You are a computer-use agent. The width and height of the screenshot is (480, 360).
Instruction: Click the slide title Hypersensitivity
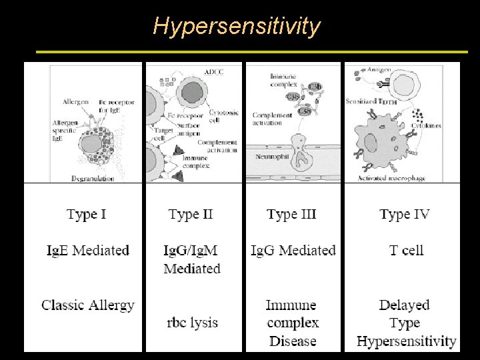coord(237,26)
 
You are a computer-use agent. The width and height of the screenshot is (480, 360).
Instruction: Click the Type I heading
coord(87,215)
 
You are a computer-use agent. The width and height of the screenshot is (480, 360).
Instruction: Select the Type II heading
coord(191,215)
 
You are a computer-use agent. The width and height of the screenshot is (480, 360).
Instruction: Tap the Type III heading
coord(291,215)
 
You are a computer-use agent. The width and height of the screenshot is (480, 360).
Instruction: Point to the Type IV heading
coord(405,215)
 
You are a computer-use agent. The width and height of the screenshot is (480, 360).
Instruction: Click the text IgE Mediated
coord(87,251)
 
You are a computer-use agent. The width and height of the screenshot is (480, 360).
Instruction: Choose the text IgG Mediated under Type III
coord(293,251)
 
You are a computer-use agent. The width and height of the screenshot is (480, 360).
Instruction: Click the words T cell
coord(406,251)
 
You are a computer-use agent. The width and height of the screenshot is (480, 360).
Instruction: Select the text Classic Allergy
coord(88,305)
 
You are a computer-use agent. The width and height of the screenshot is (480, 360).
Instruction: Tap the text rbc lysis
coord(192,323)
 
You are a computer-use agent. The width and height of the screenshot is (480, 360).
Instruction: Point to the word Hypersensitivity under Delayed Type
coord(407,341)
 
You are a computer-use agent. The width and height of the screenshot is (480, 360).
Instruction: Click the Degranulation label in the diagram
coord(93,178)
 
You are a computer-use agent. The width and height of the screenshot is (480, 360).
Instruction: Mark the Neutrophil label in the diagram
coord(271,156)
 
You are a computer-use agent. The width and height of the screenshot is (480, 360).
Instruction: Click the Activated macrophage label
coord(392,178)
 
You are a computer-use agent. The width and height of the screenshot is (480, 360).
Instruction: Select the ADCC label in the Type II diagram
coord(213,71)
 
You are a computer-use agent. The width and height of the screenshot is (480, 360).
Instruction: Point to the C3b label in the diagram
coord(315,86)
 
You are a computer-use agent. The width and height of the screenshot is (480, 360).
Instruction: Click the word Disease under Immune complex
coord(293,341)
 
